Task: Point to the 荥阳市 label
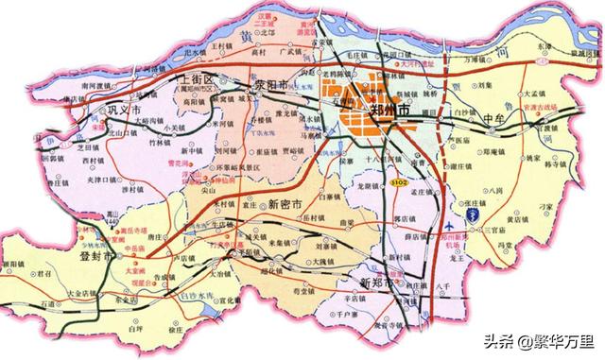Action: [x=275, y=84]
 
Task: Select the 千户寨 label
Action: [x=339, y=311]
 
